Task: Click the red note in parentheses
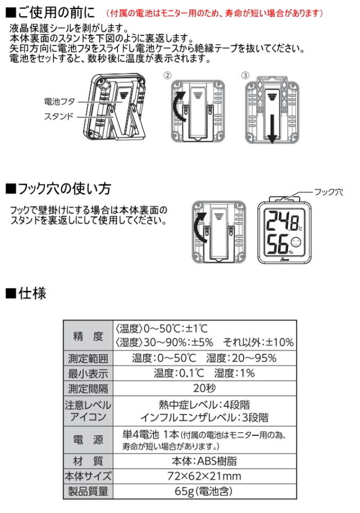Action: [214, 13]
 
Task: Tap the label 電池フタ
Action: [60, 101]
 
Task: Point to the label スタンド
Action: [58, 116]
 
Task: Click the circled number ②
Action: [167, 75]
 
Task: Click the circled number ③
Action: [245, 75]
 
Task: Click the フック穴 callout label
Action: [328, 192]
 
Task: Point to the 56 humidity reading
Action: [277, 244]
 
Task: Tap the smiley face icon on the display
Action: [295, 242]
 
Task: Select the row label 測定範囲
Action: [88, 358]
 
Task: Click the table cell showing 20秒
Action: [205, 388]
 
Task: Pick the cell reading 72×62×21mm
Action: [204, 476]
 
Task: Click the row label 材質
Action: [88, 461]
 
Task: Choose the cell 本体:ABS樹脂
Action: [204, 461]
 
